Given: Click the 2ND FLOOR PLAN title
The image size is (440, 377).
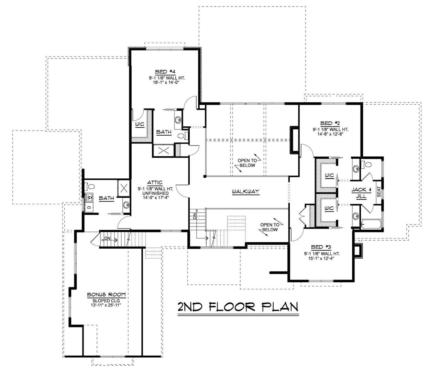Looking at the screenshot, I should coord(238,306).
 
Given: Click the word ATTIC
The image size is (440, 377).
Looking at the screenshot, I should coord(155,182).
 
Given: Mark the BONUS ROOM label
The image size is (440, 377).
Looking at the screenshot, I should coord(106,295).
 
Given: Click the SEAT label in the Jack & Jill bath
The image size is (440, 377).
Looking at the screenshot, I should coord(379,192).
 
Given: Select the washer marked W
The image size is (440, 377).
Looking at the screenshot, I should coord(89,198).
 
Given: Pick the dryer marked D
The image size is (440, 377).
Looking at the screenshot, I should coord(89,207).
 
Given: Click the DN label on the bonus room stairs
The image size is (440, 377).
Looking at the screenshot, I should coord(108,239).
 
